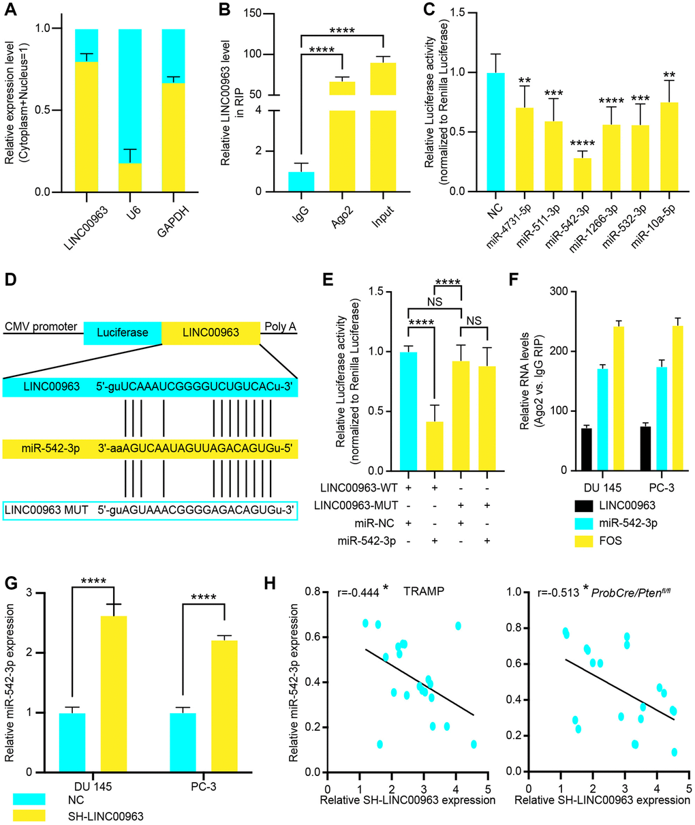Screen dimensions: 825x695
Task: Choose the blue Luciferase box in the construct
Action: coord(123,333)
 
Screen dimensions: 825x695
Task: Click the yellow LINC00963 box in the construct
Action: coord(211,333)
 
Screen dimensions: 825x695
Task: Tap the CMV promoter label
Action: coord(40,327)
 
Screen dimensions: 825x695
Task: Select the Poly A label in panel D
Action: coord(281,327)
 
